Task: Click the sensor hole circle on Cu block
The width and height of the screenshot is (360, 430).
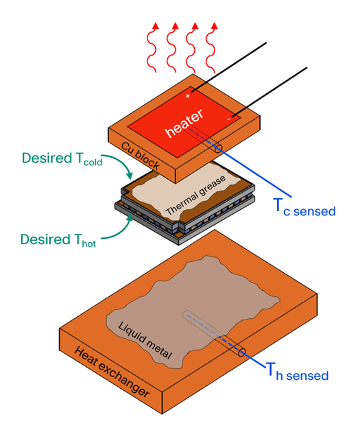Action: pos(219,147)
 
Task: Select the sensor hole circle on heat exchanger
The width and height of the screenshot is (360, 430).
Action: pos(241,353)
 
